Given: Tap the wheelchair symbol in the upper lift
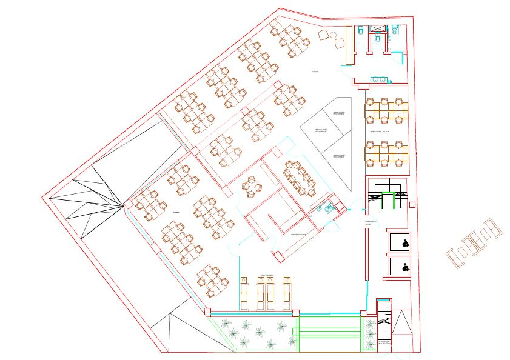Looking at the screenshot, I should pos(401,244).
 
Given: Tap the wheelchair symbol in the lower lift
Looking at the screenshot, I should pos(401,265).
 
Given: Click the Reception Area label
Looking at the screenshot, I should pos(298,234).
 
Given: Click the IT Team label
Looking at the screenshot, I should pos(315,72).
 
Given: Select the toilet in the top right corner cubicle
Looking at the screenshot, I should pos(395,29).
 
